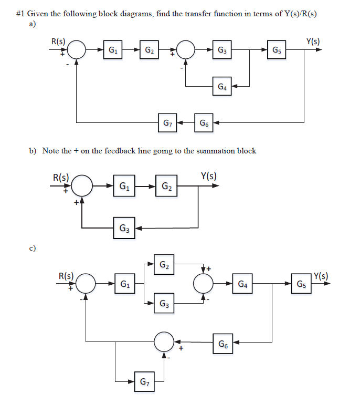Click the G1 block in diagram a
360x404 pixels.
pyautogui.click(x=112, y=50)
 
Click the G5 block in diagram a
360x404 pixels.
pyautogui.click(x=277, y=50)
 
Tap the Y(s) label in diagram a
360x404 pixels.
pyautogui.click(x=313, y=42)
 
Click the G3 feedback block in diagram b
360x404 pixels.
pyautogui.click(x=124, y=228)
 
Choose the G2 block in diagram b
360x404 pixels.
pyautogui.click(x=166, y=186)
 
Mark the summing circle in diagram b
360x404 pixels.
pyautogui.click(x=82, y=186)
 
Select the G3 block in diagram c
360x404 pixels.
pyautogui.click(x=164, y=304)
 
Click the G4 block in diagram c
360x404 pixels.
pyautogui.click(x=242, y=284)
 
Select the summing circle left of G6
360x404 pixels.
pyautogui.click(x=164, y=342)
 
